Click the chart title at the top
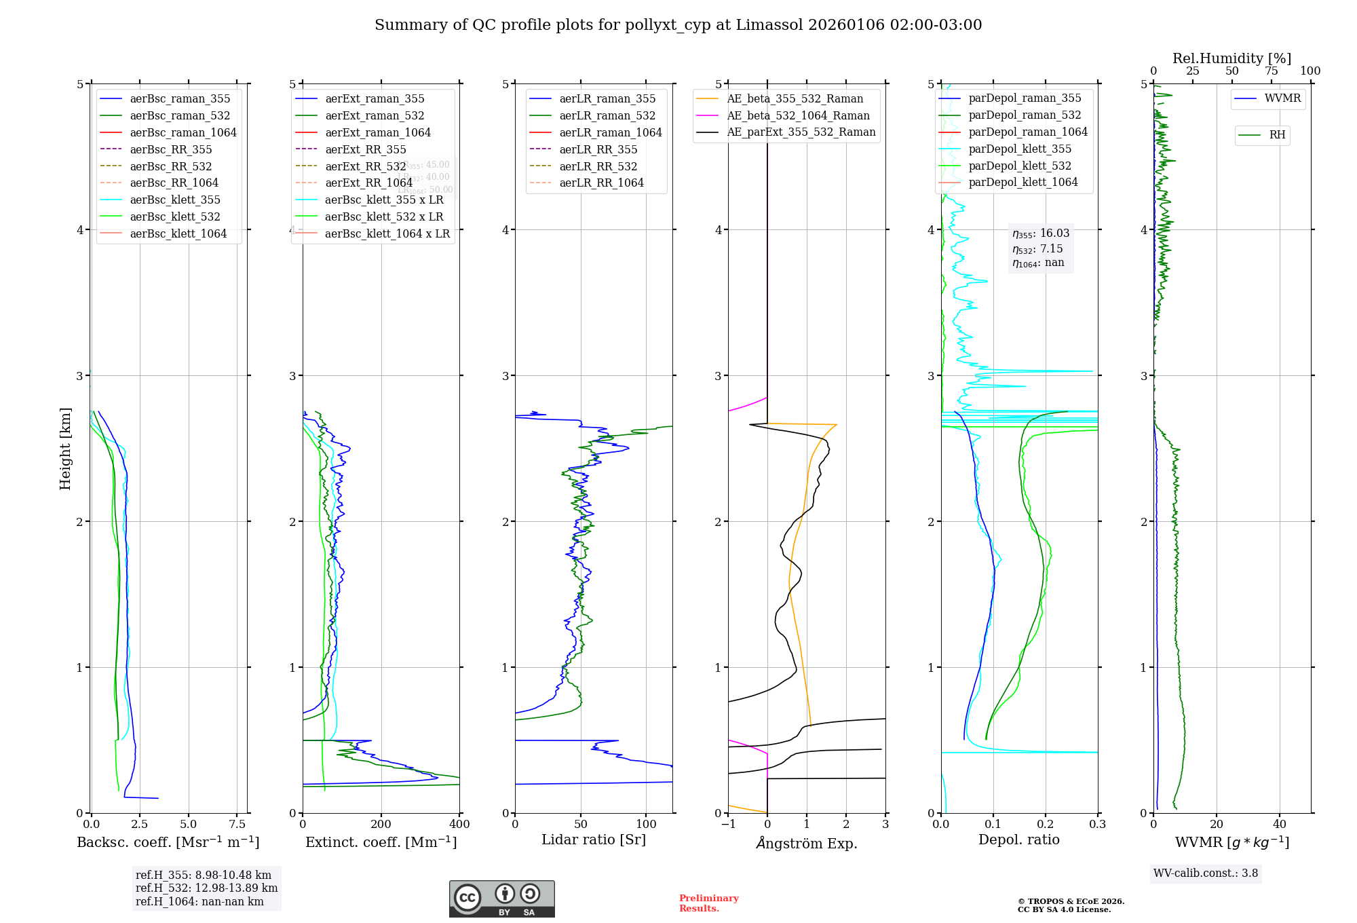point(678,25)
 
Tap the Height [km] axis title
point(65,449)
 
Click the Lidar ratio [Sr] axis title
point(594,840)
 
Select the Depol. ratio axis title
point(1018,840)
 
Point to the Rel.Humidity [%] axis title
point(1231,58)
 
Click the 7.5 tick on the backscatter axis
point(237,824)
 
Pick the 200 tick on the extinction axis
point(381,824)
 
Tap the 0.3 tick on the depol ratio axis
point(1097,824)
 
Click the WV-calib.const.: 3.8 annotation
point(1205,873)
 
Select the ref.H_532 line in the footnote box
point(206,888)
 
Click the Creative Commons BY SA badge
point(501,899)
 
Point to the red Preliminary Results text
point(708,903)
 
